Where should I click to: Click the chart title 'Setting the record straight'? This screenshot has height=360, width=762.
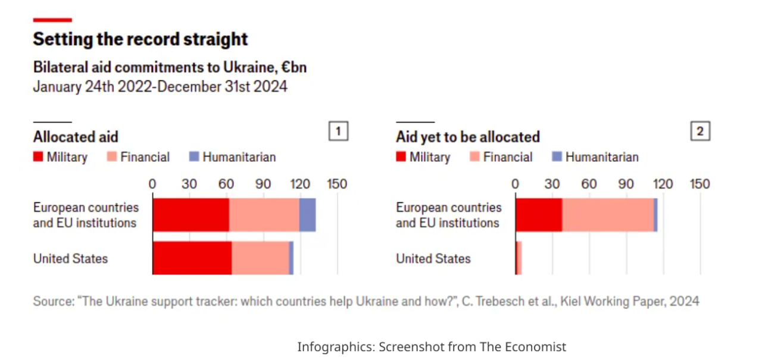pos(140,39)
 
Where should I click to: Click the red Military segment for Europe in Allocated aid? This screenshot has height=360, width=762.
pos(190,215)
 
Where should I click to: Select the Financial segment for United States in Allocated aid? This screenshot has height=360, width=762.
pos(260,258)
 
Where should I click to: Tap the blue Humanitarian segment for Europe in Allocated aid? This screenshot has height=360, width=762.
pos(307,215)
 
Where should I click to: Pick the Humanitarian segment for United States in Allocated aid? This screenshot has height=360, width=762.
pos(291,258)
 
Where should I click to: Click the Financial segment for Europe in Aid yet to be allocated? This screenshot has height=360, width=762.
pos(608,215)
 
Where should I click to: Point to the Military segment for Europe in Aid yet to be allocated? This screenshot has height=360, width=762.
pos(539,215)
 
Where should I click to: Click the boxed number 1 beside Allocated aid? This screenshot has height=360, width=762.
pos(338,132)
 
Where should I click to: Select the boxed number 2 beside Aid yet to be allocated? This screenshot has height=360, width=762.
pos(700,132)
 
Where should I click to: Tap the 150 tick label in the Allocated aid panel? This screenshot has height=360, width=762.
pos(337,184)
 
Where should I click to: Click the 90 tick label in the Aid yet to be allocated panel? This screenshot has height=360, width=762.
pos(626,184)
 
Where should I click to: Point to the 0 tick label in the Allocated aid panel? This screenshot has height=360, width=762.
pos(152,184)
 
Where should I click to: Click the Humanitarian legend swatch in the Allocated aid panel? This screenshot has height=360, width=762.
pos(193,157)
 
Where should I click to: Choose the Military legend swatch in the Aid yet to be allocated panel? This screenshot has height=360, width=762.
pos(401,157)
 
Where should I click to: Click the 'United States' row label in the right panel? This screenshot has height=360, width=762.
pos(433,259)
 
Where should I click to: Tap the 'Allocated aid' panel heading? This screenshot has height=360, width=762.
pos(76,137)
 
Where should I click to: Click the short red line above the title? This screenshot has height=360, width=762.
pos(52,20)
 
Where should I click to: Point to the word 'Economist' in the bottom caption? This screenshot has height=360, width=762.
pos(538,346)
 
